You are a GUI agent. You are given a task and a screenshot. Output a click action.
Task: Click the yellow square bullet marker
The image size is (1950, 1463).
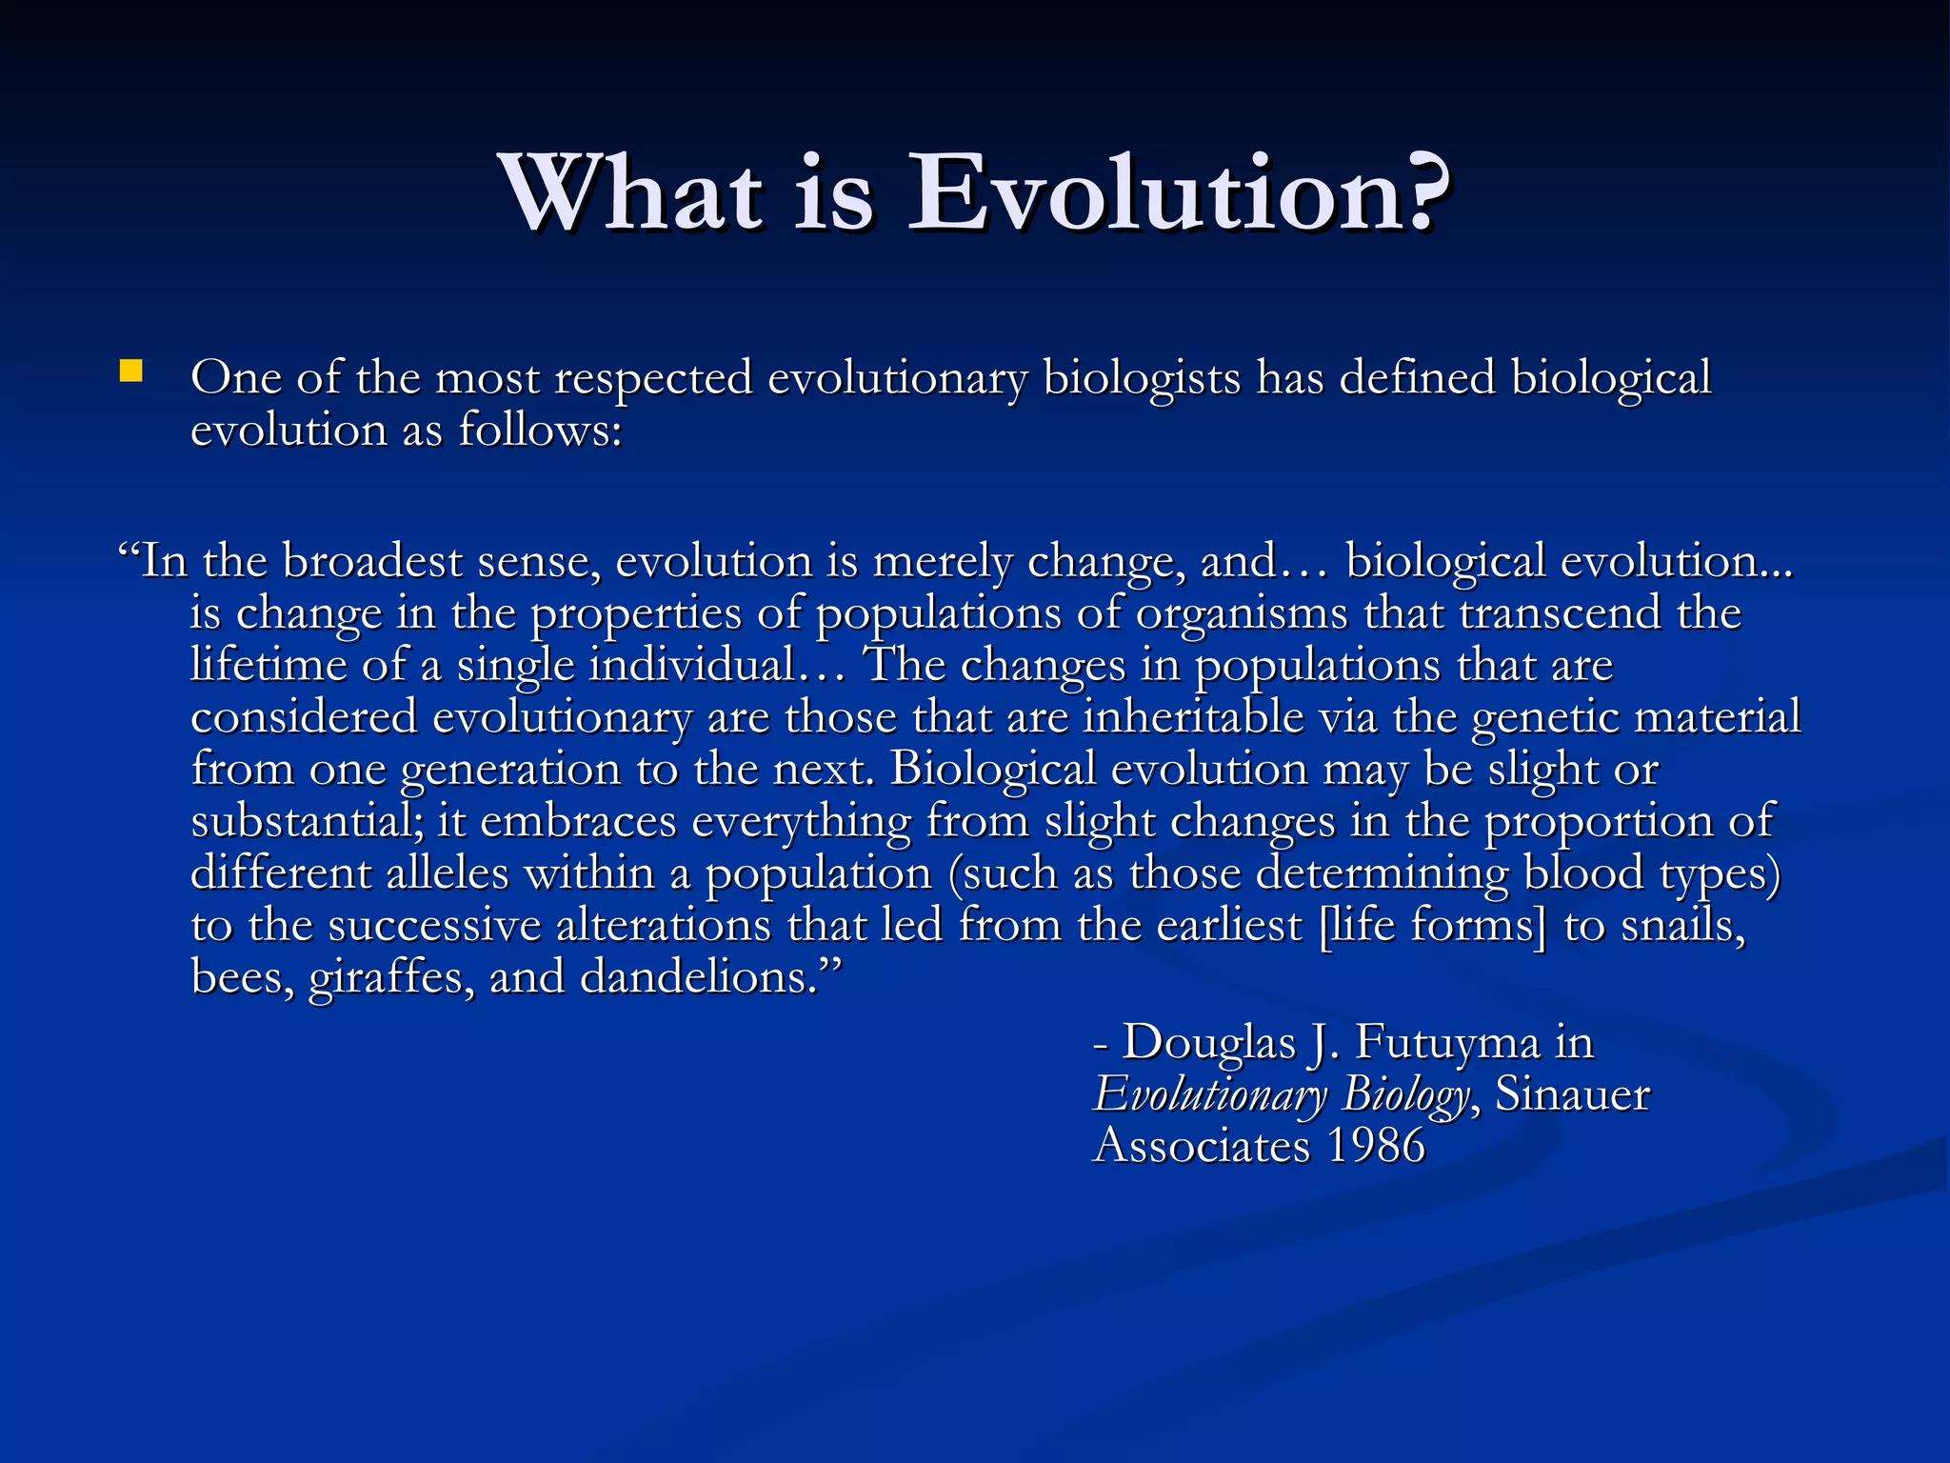pyautogui.click(x=130, y=371)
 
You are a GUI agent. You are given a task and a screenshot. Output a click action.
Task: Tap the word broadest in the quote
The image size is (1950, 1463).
pyautogui.click(x=372, y=562)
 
